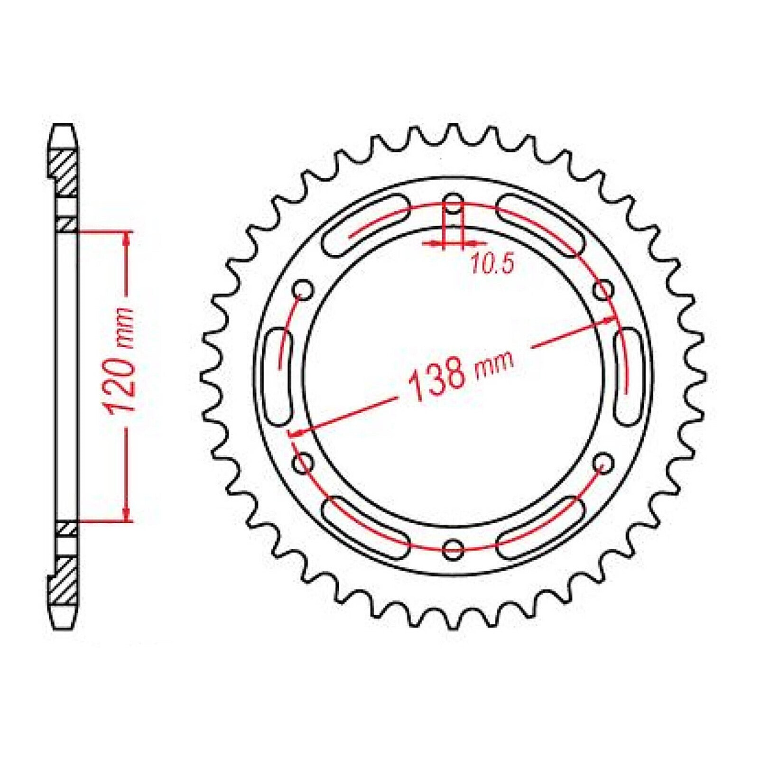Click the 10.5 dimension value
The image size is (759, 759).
tap(492, 265)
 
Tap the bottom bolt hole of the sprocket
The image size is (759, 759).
tap(453, 549)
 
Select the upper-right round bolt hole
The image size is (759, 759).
tap(604, 289)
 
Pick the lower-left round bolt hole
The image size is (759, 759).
tap(303, 463)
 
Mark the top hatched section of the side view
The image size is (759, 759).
tap(64, 173)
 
